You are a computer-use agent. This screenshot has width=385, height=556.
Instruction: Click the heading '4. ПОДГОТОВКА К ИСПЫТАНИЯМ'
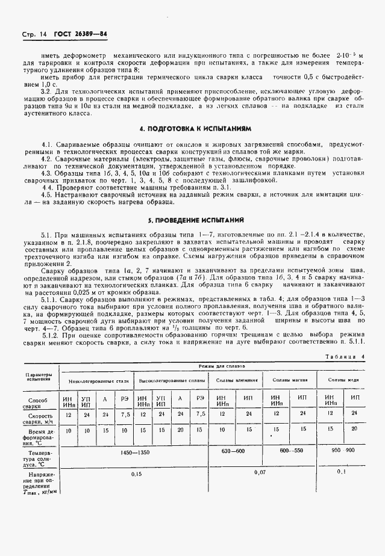click(x=194, y=129)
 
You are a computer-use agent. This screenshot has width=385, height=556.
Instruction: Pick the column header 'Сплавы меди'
click(x=343, y=380)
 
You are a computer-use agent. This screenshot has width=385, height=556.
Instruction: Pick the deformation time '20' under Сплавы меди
click(x=355, y=428)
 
